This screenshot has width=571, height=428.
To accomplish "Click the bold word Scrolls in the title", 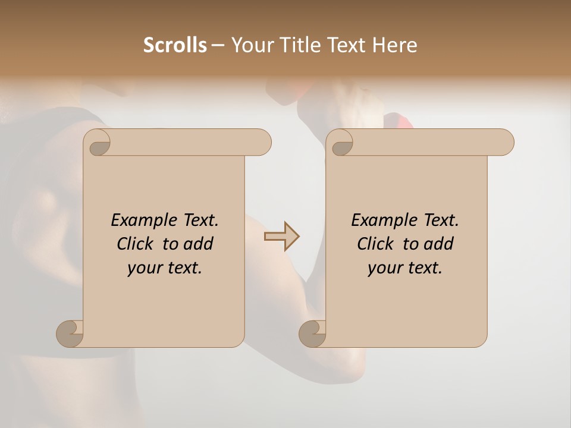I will click(175, 45).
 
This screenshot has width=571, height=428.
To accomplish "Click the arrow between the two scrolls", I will click(282, 237).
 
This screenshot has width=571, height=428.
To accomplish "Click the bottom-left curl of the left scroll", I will click(70, 333).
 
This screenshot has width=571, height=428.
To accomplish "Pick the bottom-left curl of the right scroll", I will click(313, 333).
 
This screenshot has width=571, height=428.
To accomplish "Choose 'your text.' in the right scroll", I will click(405, 267).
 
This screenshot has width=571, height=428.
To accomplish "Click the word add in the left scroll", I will click(198, 244).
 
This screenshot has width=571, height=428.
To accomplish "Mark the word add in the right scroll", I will click(438, 244).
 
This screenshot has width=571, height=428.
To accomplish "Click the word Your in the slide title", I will click(250, 45).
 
